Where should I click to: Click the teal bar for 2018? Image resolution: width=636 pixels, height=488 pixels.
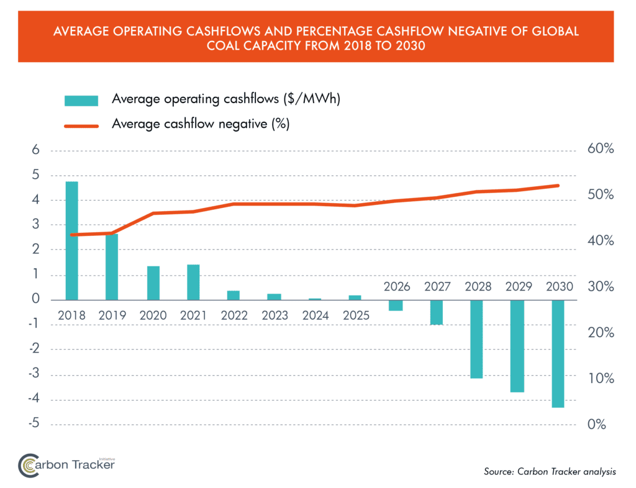tap(72, 241)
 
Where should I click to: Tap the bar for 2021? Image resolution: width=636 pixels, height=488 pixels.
tap(193, 282)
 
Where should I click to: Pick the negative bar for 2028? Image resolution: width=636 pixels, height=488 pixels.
tap(476, 339)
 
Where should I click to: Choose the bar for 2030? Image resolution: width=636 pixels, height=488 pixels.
tap(557, 353)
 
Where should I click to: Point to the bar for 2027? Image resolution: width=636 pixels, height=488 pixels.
tap(437, 312)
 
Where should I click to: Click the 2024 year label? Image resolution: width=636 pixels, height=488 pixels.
tap(316, 315)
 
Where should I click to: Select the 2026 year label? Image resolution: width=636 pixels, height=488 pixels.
tap(397, 287)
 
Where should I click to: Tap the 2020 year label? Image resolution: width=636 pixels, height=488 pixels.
tap(153, 315)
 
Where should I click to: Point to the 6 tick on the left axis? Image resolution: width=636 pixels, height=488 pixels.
tap(36, 150)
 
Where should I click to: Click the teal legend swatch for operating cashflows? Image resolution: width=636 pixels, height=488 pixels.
tap(81, 100)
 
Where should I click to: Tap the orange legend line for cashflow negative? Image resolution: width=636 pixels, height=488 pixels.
tap(81, 125)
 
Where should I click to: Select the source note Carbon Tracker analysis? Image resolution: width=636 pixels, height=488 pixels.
tap(550, 472)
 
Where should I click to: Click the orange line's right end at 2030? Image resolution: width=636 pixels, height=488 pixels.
tap(558, 186)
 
